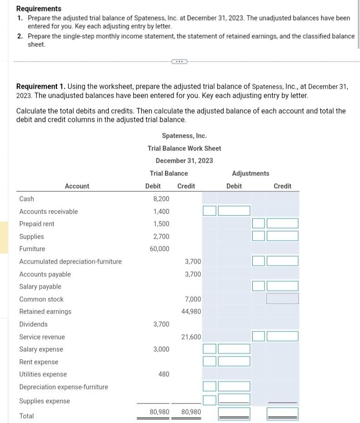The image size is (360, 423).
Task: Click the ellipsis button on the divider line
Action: pyautogui.click(x=180, y=62)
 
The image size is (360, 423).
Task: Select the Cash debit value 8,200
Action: pyautogui.click(x=161, y=199)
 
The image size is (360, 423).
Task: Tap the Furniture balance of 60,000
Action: pyautogui.click(x=160, y=249)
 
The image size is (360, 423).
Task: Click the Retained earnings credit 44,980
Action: pyautogui.click(x=191, y=311)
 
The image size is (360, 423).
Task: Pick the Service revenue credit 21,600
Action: pyautogui.click(x=191, y=337)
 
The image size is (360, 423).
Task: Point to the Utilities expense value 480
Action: pyautogui.click(x=164, y=374)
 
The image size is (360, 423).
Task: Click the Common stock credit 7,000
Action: pyautogui.click(x=193, y=299)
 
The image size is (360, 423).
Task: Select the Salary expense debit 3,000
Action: pyautogui.click(x=161, y=349)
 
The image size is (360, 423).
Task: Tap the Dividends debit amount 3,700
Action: pyautogui.click(x=161, y=324)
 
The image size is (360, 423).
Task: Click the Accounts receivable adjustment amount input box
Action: pyautogui.click(x=234, y=211)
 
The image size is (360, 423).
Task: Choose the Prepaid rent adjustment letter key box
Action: pyautogui.click(x=258, y=223)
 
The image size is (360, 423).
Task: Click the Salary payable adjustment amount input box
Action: pyautogui.click(x=282, y=286)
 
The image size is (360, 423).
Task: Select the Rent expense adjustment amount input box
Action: pyautogui.click(x=234, y=361)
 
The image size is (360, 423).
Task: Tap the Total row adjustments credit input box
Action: pyautogui.click(x=282, y=413)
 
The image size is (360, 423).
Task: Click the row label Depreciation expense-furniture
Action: pyautogui.click(x=64, y=387)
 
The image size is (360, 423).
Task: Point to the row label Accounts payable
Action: pyautogui.click(x=45, y=274)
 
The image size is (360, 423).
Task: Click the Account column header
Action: pyautogui.click(x=77, y=186)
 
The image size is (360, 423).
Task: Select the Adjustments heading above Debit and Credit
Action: pyautogui.click(x=250, y=173)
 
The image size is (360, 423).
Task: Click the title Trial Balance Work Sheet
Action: pyautogui.click(x=184, y=148)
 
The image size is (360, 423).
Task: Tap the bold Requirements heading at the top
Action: pyautogui.click(x=39, y=9)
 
